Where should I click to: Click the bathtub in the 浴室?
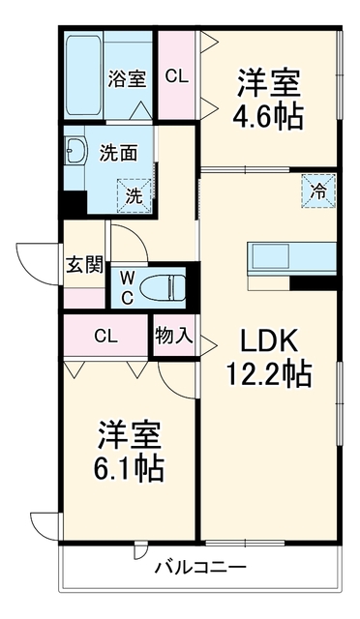[84, 75]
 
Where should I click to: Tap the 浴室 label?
[127, 78]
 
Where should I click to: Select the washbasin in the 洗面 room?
[75, 151]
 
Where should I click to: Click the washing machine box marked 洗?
[135, 195]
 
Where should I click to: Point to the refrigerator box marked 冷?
[318, 192]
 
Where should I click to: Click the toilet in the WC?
[164, 287]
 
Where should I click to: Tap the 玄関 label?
[84, 265]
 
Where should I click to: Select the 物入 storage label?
[174, 337]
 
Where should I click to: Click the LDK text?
[269, 342]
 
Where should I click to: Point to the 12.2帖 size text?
[269, 373]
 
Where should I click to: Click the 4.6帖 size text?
[268, 115]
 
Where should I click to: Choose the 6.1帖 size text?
[129, 466]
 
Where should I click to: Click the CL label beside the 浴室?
[177, 76]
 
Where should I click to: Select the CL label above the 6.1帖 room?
[106, 337]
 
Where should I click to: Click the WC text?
[127, 288]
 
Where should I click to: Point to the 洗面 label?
[119, 153]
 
